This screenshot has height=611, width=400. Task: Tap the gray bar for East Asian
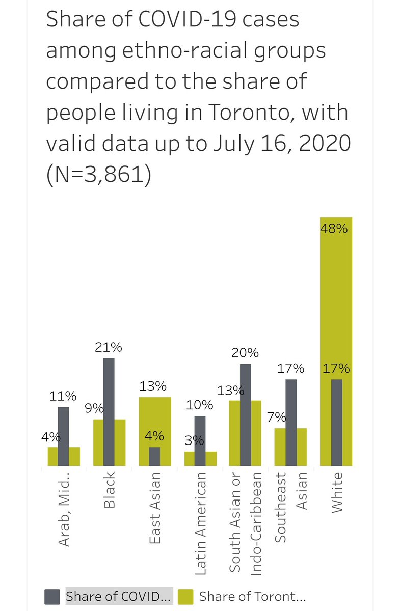[154, 456]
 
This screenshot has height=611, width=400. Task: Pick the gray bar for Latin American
[200, 440]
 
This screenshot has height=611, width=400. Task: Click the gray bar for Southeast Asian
[291, 422]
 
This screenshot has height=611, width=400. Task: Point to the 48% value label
[334, 229]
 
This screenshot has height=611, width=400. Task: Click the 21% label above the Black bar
[109, 347]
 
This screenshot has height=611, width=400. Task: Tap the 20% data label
[246, 353]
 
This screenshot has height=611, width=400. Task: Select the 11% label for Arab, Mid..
[63, 396]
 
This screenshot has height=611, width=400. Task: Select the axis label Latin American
[200, 523]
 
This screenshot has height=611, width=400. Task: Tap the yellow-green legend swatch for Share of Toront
[186, 596]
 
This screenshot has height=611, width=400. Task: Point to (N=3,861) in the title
[98, 175]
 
